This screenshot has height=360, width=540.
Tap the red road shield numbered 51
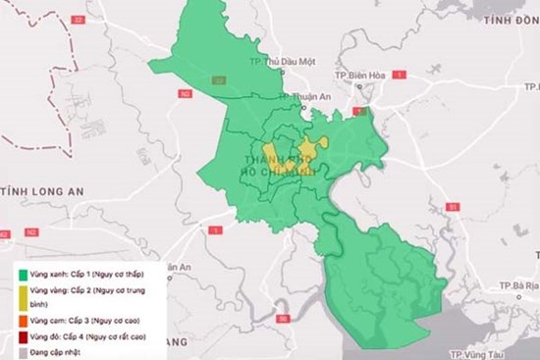(x=452, y=208)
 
